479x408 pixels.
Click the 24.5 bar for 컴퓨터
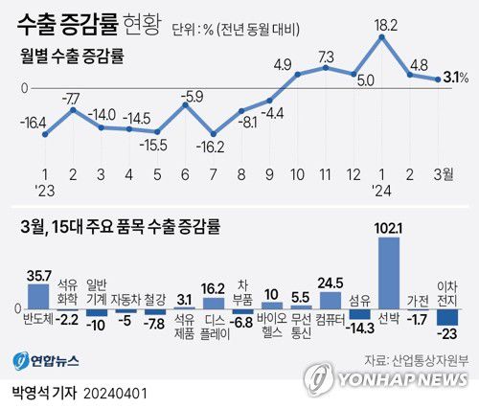[x=331, y=299]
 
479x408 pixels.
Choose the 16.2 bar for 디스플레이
[x=214, y=303]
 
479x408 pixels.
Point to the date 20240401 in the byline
[x=118, y=394]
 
